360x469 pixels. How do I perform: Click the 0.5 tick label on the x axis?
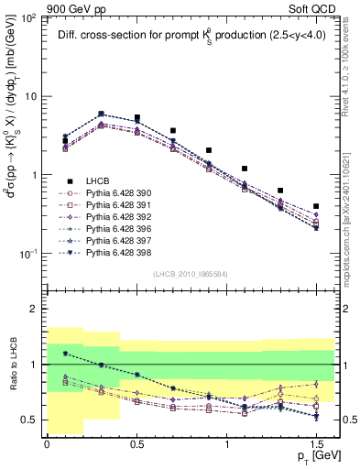tap(136, 443)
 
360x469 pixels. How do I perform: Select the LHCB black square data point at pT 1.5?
tap(316, 207)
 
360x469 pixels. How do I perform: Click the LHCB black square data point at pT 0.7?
tap(172, 131)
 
